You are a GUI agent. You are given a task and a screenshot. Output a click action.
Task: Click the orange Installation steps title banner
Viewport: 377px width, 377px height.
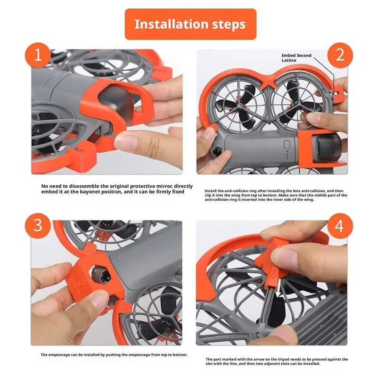tap(190, 24)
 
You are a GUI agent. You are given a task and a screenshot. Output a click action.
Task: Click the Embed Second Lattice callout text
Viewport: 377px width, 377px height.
tap(296, 58)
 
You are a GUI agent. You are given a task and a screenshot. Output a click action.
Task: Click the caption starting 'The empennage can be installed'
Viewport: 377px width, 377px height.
tap(114, 354)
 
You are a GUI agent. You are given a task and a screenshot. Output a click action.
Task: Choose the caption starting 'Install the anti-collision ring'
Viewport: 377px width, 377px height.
tap(276, 195)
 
